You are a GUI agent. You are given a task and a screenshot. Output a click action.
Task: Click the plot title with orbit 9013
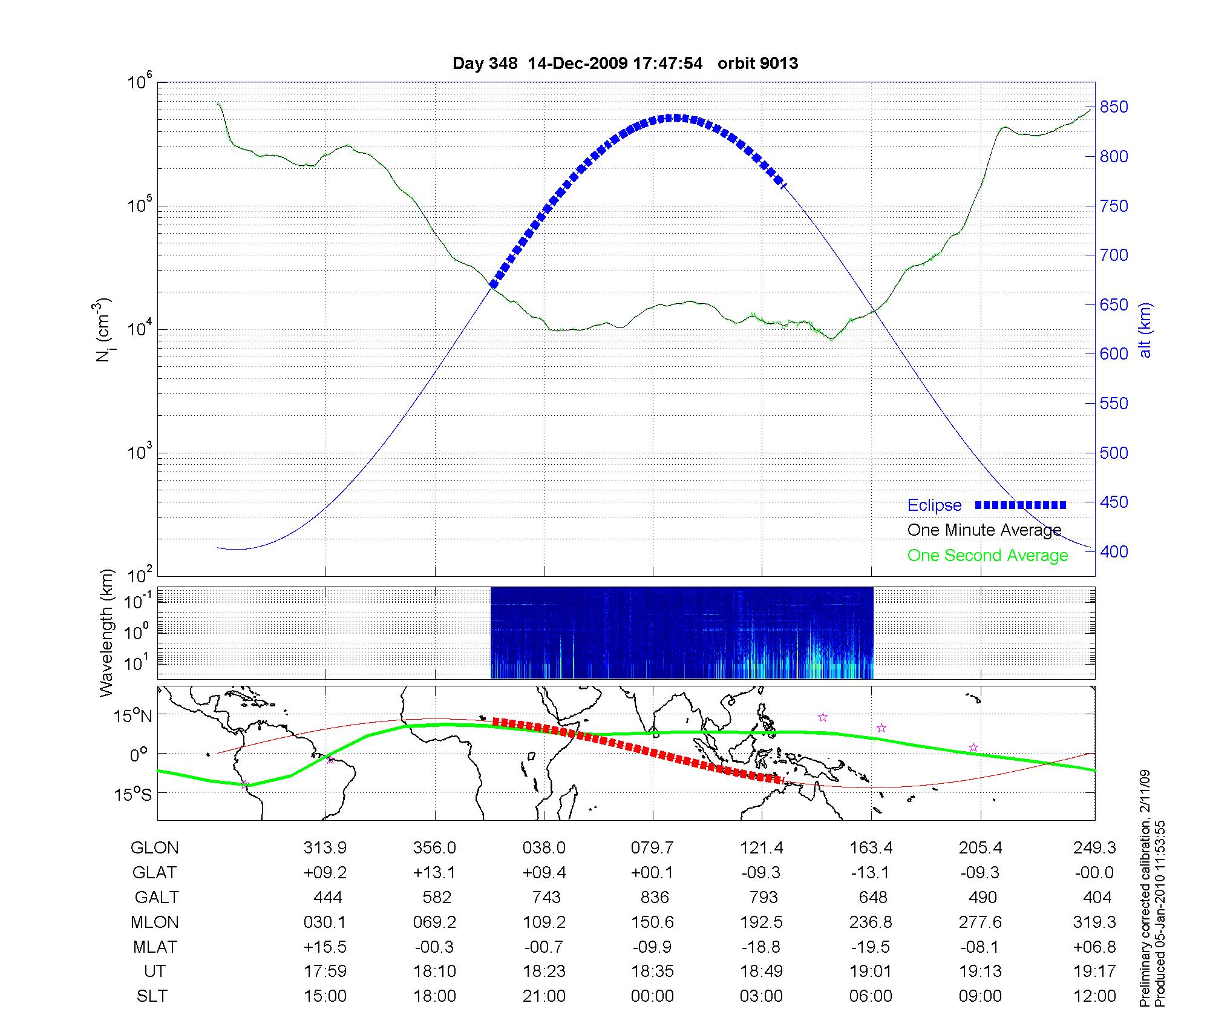click(625, 64)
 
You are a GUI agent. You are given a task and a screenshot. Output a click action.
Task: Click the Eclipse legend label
click(934, 505)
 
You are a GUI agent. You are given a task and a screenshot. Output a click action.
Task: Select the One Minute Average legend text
click(984, 530)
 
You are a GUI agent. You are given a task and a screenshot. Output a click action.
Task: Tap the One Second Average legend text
click(987, 556)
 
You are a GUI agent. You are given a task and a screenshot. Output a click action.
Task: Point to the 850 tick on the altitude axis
click(1114, 107)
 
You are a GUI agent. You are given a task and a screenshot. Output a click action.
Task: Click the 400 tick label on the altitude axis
click(1114, 551)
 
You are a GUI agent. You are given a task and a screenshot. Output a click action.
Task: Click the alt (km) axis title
click(1145, 330)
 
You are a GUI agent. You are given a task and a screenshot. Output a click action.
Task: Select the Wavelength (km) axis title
click(106, 633)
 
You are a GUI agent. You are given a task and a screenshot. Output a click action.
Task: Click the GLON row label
click(155, 848)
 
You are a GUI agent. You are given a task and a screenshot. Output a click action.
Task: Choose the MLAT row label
click(155, 947)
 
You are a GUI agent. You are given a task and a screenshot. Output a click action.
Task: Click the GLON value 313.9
click(325, 848)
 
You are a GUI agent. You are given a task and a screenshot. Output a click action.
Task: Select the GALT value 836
click(655, 897)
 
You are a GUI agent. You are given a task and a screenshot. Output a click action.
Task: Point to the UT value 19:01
click(871, 971)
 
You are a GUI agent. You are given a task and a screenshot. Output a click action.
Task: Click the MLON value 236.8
click(871, 922)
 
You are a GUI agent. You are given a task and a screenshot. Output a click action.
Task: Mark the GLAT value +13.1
click(435, 872)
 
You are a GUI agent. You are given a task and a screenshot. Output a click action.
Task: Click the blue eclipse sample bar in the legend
click(1021, 505)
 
